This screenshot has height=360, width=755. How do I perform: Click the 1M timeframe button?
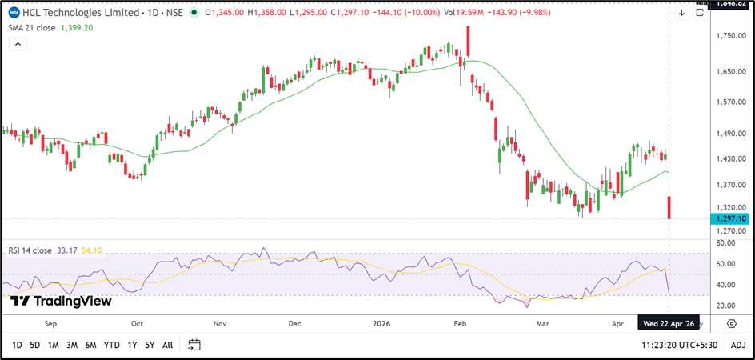tap(54, 345)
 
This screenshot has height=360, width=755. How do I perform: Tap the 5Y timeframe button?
tap(149, 345)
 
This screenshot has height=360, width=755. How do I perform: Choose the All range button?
tap(167, 345)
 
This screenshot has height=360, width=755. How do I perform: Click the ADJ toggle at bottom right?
tap(738, 345)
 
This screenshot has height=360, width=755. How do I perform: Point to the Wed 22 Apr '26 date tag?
tap(669, 323)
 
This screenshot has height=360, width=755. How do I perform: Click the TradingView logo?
tap(61, 301)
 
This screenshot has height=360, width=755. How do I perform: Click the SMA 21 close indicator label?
tap(33, 26)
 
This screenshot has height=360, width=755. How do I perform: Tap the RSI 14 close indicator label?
tap(33, 250)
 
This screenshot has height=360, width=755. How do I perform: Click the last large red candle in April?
tap(669, 207)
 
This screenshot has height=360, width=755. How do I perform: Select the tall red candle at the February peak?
tap(468, 41)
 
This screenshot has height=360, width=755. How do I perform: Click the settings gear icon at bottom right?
tap(732, 323)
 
